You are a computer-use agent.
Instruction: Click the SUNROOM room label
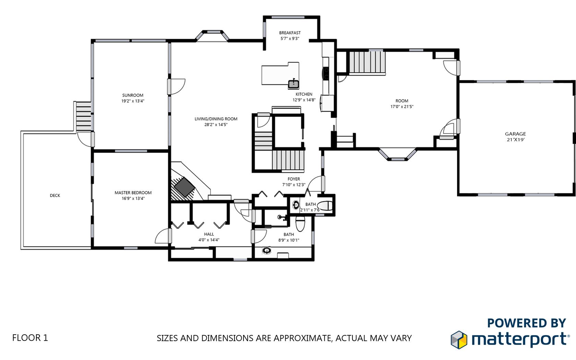point(133,95)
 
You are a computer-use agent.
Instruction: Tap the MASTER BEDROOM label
point(133,193)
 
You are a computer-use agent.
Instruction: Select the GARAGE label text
point(515,134)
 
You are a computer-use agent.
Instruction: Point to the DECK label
point(55,195)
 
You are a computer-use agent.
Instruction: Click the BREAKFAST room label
point(290,33)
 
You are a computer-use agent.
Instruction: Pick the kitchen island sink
point(293,84)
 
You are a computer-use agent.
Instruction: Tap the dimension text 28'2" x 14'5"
point(216,125)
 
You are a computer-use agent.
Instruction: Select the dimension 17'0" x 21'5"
point(402,106)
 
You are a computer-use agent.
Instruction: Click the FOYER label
point(293,179)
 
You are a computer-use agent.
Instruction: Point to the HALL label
point(209,234)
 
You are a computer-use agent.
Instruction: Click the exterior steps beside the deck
point(83,116)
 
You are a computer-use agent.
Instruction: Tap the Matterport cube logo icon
point(459,340)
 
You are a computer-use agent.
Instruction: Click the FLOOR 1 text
point(30,338)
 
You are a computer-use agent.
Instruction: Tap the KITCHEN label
point(304,94)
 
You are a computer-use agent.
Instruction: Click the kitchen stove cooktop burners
point(326,73)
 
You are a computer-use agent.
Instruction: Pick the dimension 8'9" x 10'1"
point(289,240)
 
